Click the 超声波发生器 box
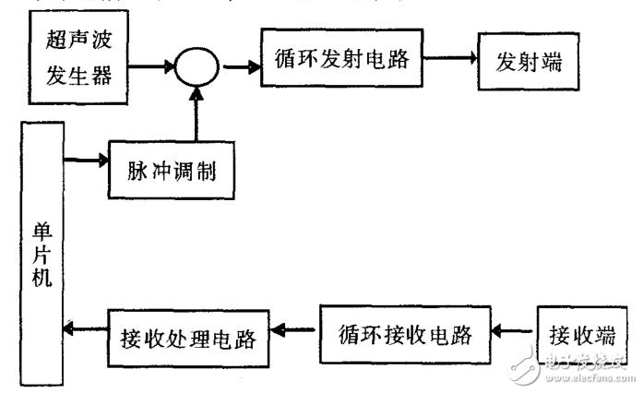coord(80,57)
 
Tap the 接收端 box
coord(578,331)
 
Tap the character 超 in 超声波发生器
coord(57,42)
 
